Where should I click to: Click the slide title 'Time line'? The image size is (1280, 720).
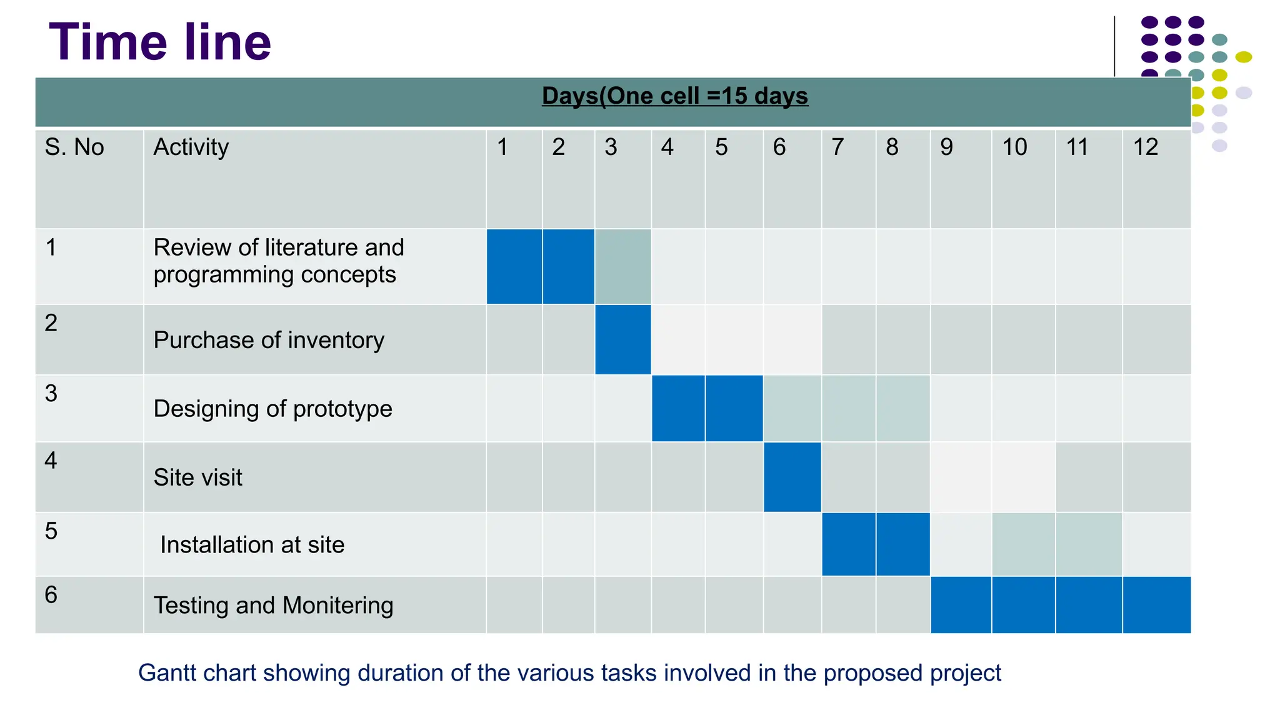pyautogui.click(x=160, y=42)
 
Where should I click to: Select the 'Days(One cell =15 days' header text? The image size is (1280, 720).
pyautogui.click(x=674, y=96)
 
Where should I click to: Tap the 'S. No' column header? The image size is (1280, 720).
pyautogui.click(x=74, y=147)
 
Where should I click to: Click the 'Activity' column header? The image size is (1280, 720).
pyautogui.click(x=191, y=147)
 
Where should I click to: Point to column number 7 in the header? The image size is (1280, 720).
pyautogui.click(x=837, y=147)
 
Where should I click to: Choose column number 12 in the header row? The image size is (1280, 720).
pyautogui.click(x=1145, y=147)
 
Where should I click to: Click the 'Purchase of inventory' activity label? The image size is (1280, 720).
pyautogui.click(x=269, y=341)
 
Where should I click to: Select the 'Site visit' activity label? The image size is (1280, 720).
pyautogui.click(x=197, y=477)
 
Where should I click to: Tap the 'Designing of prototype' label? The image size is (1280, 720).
pyautogui.click(x=272, y=409)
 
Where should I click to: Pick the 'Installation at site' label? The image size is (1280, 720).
pyautogui.click(x=252, y=545)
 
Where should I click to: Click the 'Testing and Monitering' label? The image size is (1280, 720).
pyautogui.click(x=273, y=606)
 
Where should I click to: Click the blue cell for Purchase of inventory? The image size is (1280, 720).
pyautogui.click(x=622, y=340)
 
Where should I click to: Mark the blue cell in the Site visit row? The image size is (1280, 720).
pyautogui.click(x=792, y=477)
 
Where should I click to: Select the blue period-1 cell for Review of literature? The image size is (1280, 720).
pyautogui.click(x=514, y=267)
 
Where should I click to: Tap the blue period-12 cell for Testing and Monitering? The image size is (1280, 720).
pyautogui.click(x=1156, y=605)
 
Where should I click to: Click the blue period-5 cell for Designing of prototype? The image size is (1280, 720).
pyautogui.click(x=734, y=409)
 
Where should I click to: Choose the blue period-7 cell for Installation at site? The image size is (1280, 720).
pyautogui.click(x=848, y=544)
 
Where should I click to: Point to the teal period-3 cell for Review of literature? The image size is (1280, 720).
pyautogui.click(x=622, y=267)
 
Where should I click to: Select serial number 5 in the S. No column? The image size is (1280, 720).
pyautogui.click(x=51, y=531)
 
